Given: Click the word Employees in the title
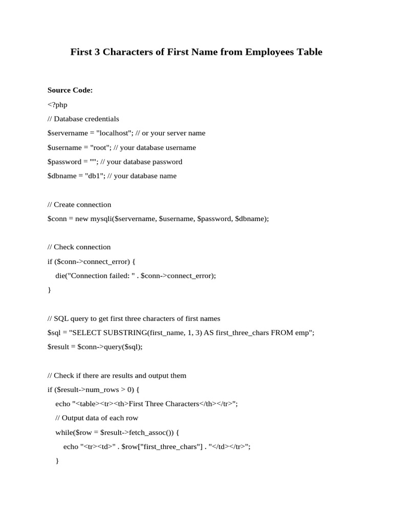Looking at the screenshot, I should pyautogui.click(x=274, y=52).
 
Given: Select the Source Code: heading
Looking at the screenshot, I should pyautogui.click(x=70, y=90).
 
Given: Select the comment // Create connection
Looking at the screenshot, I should pyautogui.click(x=79, y=205).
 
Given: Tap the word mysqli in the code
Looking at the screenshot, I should pyautogui.click(x=102, y=219).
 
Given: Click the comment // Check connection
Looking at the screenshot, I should pyautogui.click(x=79, y=247).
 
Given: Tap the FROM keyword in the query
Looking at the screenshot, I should pyautogui.click(x=282, y=333).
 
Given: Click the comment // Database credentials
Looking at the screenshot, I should pyautogui.click(x=83, y=119).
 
